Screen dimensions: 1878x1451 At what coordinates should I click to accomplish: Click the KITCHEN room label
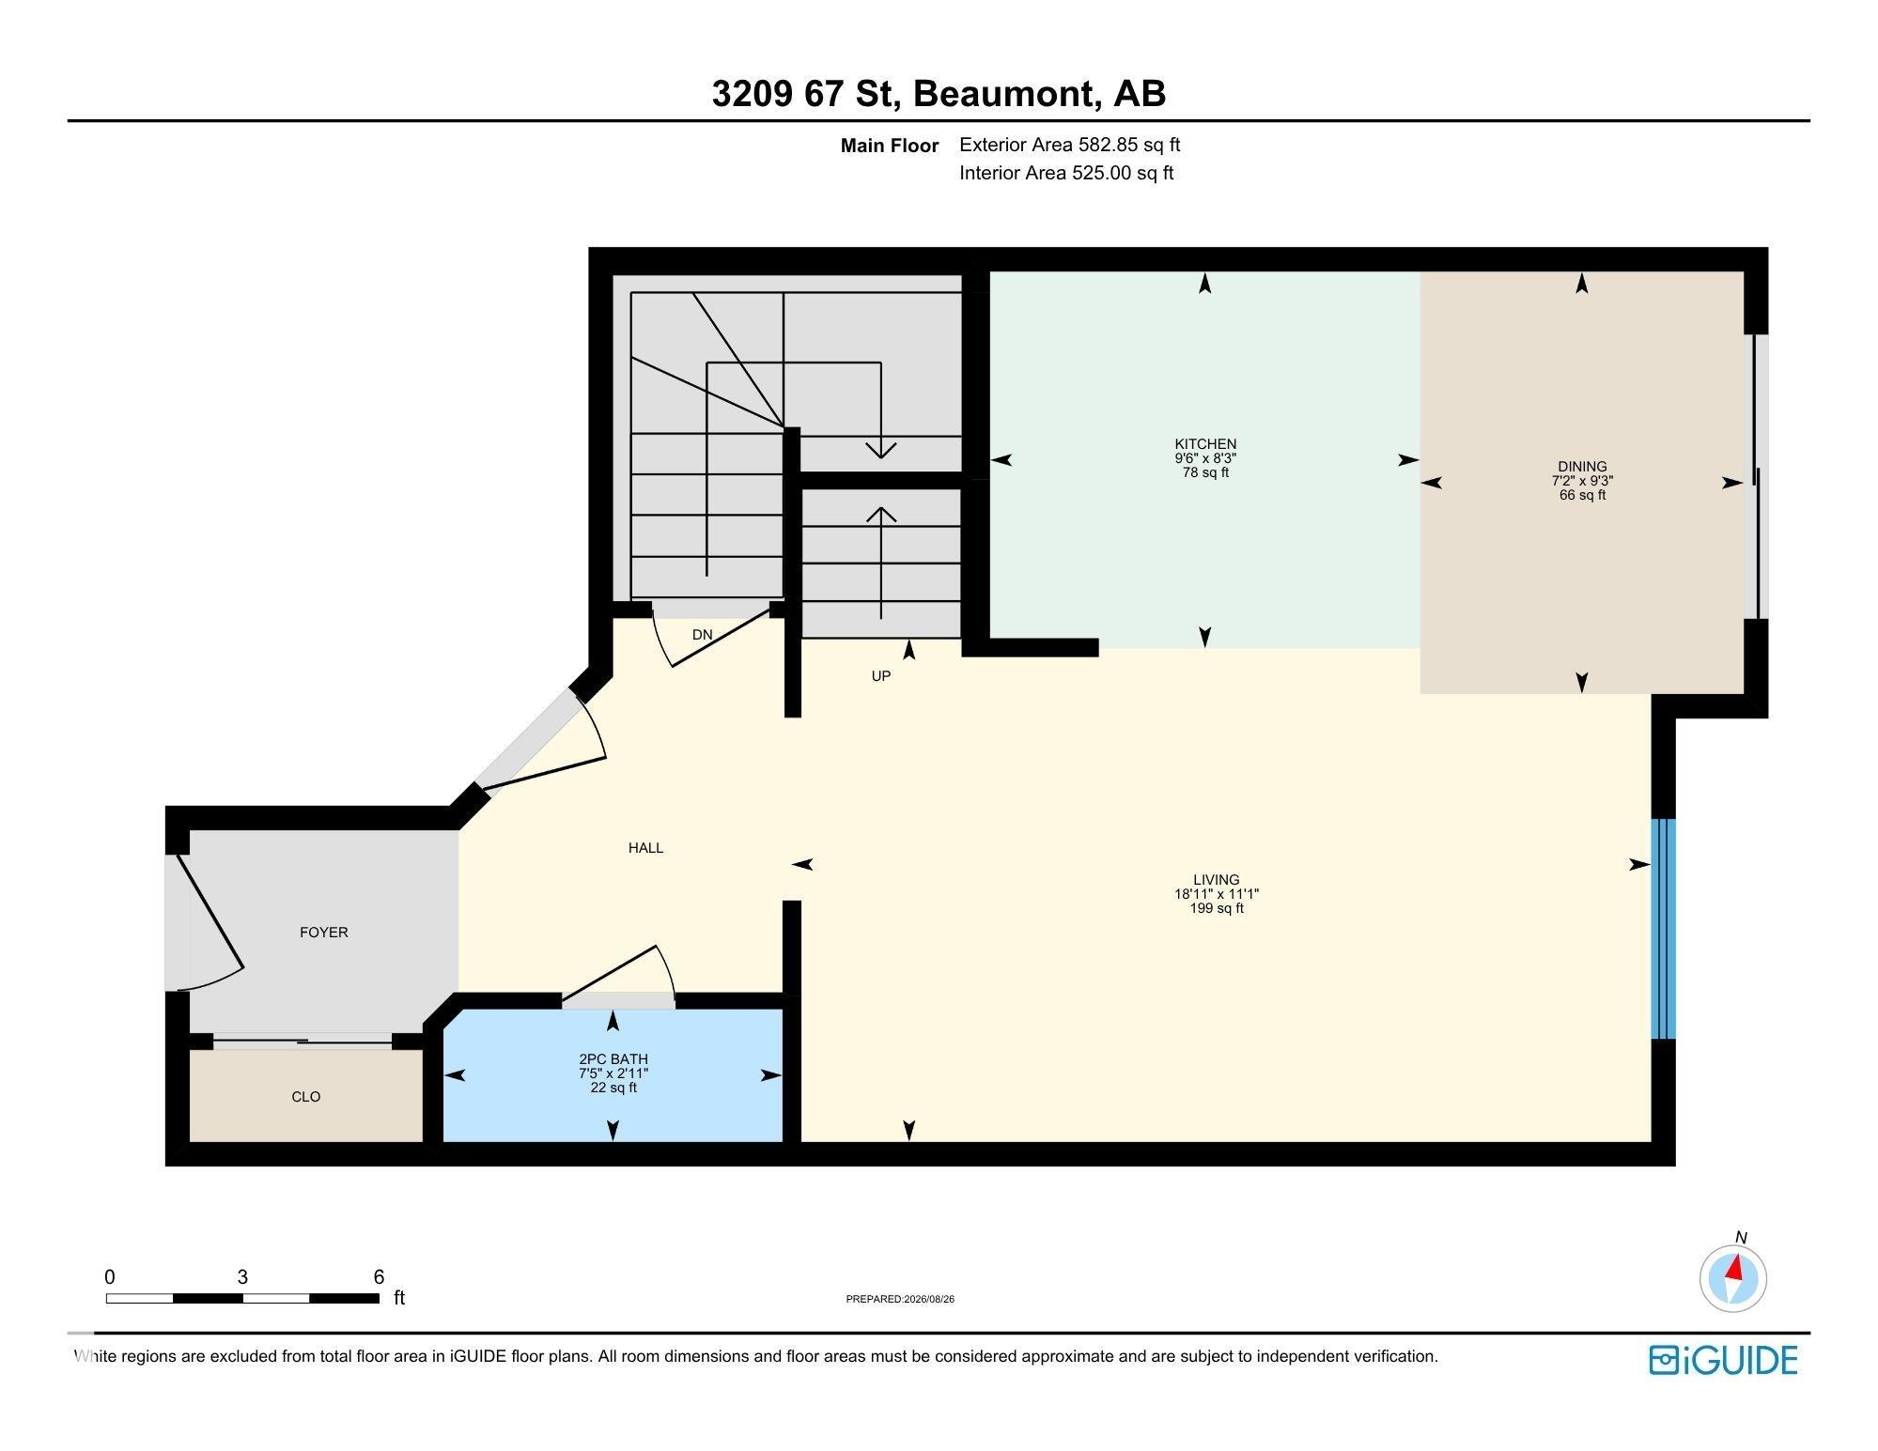pyautogui.click(x=1205, y=444)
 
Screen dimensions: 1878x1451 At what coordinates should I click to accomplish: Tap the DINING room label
pyautogui.click(x=1582, y=467)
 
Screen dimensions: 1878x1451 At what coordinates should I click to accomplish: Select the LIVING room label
pyautogui.click(x=1217, y=880)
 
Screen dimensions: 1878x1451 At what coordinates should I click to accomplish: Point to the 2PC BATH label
pyautogui.click(x=613, y=1059)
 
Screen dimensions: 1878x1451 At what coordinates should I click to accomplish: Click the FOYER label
pyautogui.click(x=324, y=933)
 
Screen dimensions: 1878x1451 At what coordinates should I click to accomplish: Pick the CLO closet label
pyautogui.click(x=306, y=1097)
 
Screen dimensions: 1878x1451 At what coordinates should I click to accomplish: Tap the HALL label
pyautogui.click(x=646, y=848)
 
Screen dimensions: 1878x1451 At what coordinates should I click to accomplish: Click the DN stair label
pyautogui.click(x=703, y=635)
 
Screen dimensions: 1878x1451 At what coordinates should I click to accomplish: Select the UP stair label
pyautogui.click(x=880, y=676)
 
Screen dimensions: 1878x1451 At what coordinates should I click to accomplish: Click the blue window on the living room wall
pyautogui.click(x=1663, y=929)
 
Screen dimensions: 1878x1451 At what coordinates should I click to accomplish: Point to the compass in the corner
pyautogui.click(x=1733, y=1278)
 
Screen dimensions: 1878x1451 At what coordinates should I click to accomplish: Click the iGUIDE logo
pyautogui.click(x=1724, y=1361)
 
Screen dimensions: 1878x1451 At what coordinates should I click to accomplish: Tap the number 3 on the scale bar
pyautogui.click(x=242, y=1277)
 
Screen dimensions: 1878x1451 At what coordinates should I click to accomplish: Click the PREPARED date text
pyautogui.click(x=900, y=1300)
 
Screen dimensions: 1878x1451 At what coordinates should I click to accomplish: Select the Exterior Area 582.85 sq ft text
pyautogui.click(x=1069, y=145)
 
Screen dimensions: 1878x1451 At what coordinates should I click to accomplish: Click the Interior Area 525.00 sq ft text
pyautogui.click(x=1066, y=173)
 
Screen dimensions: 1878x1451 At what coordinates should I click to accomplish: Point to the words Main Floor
pyautogui.click(x=890, y=146)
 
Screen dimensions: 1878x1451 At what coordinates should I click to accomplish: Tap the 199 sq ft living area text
pyautogui.click(x=1217, y=909)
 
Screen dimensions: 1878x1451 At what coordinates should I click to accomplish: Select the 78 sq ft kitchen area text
pyautogui.click(x=1205, y=473)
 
